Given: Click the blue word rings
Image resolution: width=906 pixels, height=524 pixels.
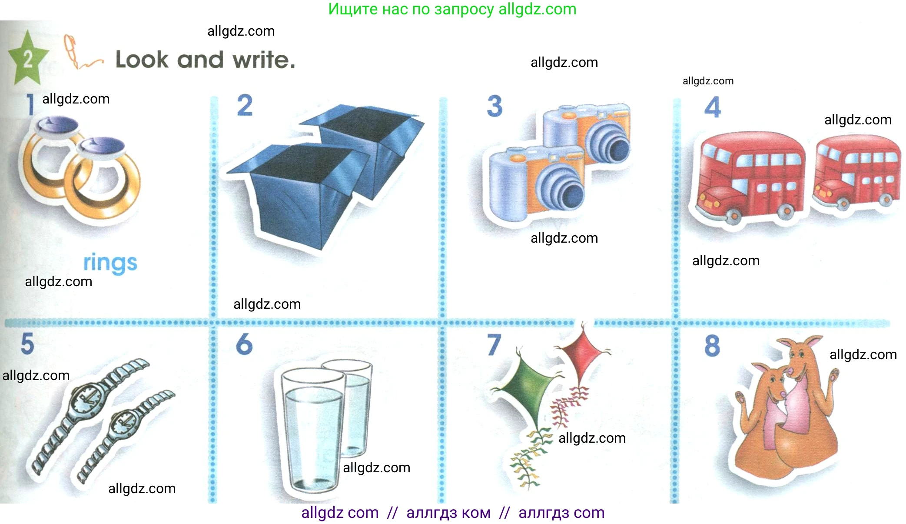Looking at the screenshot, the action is coord(110,263).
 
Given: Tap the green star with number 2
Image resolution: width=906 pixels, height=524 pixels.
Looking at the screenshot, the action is coord(27,58).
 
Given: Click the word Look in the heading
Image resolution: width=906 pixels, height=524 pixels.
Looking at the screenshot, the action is coord(142,60).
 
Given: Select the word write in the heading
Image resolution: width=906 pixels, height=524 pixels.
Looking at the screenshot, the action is coord(264,60).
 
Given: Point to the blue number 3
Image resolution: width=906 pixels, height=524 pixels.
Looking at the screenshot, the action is coord(494,106).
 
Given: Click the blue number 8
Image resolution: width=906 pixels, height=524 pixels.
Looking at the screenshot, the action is coord(712,346).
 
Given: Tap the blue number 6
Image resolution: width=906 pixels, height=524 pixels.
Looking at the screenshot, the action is coord(244,344).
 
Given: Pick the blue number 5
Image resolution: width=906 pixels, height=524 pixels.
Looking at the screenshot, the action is coord(27,344).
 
